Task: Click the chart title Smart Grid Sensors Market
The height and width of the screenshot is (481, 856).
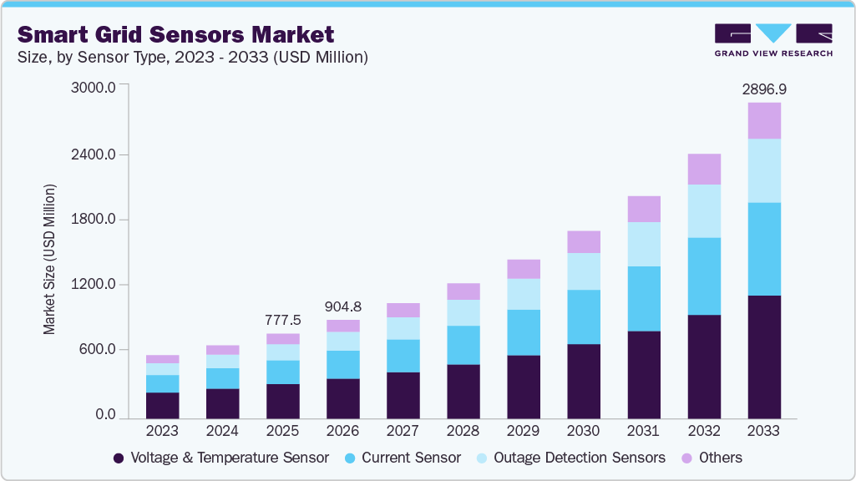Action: (x=176, y=34)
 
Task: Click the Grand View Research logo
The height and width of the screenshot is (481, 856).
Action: (x=772, y=39)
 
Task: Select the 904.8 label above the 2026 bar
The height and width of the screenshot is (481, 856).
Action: (x=342, y=306)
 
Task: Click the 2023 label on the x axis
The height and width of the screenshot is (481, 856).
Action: (x=162, y=431)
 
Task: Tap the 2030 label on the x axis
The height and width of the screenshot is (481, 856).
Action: (x=583, y=431)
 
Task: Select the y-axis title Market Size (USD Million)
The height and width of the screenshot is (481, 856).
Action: (x=50, y=260)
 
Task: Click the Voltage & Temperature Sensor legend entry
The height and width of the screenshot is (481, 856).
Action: (x=220, y=458)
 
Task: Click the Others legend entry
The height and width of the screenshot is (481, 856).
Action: (x=712, y=458)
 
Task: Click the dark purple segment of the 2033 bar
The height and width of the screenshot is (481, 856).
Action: (x=763, y=357)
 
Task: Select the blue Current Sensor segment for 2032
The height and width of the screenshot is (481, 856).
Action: (x=703, y=276)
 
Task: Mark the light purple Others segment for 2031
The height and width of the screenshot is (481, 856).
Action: (x=643, y=209)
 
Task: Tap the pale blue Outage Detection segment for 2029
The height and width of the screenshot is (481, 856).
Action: (x=523, y=294)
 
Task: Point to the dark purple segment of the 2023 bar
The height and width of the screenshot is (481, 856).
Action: (x=162, y=405)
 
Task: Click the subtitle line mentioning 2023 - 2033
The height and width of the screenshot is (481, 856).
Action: (x=193, y=58)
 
